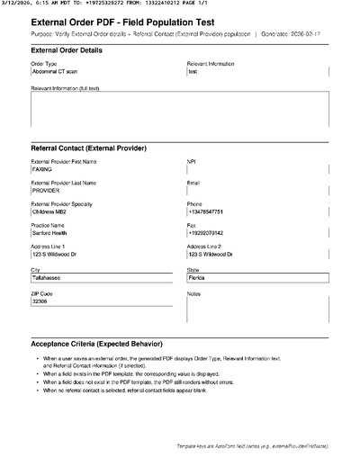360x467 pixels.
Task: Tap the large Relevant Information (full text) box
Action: [179, 112]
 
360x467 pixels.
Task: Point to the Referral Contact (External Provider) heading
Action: [89, 148]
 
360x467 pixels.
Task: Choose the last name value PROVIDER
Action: [46, 191]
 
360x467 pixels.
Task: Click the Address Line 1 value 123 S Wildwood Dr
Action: [55, 256]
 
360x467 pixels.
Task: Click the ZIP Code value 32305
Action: [40, 301]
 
